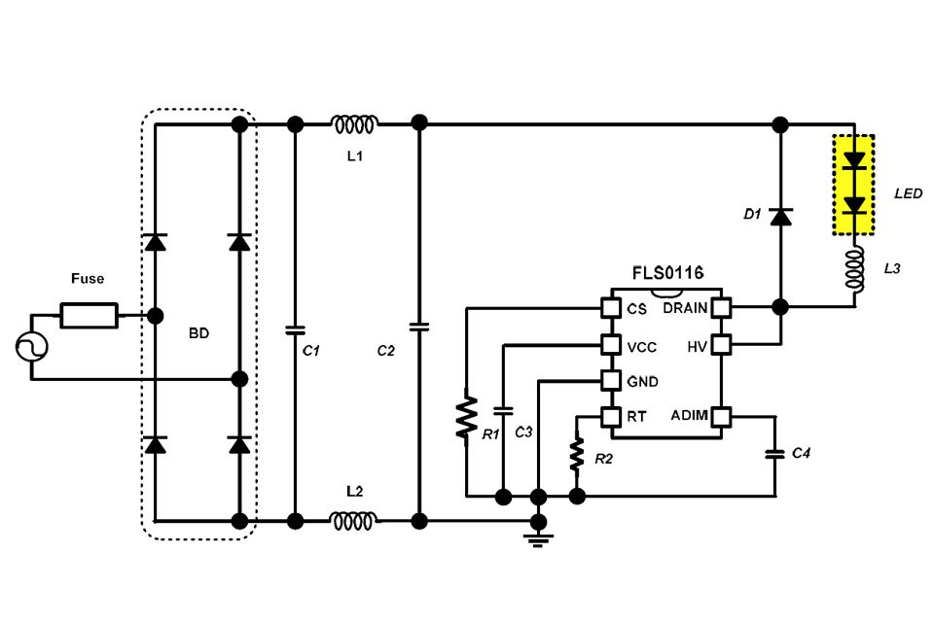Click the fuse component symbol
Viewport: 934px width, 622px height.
pyautogui.click(x=90, y=315)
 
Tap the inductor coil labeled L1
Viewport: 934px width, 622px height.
pyautogui.click(x=355, y=123)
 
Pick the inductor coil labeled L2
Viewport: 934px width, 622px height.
pyautogui.click(x=355, y=521)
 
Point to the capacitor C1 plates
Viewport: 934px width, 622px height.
pyautogui.click(x=295, y=329)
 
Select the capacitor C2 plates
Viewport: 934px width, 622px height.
pyautogui.click(x=419, y=327)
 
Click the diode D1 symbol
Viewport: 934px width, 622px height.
pyautogui.click(x=779, y=217)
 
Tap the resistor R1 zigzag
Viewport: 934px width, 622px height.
pyautogui.click(x=468, y=416)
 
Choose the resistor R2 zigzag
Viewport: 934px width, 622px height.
pyautogui.click(x=577, y=453)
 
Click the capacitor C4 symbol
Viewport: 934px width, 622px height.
pyautogui.click(x=775, y=454)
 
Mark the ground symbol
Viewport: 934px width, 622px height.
pyautogui.click(x=537, y=537)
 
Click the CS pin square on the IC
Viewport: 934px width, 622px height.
pyautogui.click(x=611, y=308)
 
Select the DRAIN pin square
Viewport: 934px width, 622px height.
pyautogui.click(x=721, y=308)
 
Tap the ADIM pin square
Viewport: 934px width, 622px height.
pyautogui.click(x=721, y=417)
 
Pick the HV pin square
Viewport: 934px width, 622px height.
pyautogui.click(x=721, y=344)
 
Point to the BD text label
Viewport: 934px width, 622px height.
pyautogui.click(x=198, y=332)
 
